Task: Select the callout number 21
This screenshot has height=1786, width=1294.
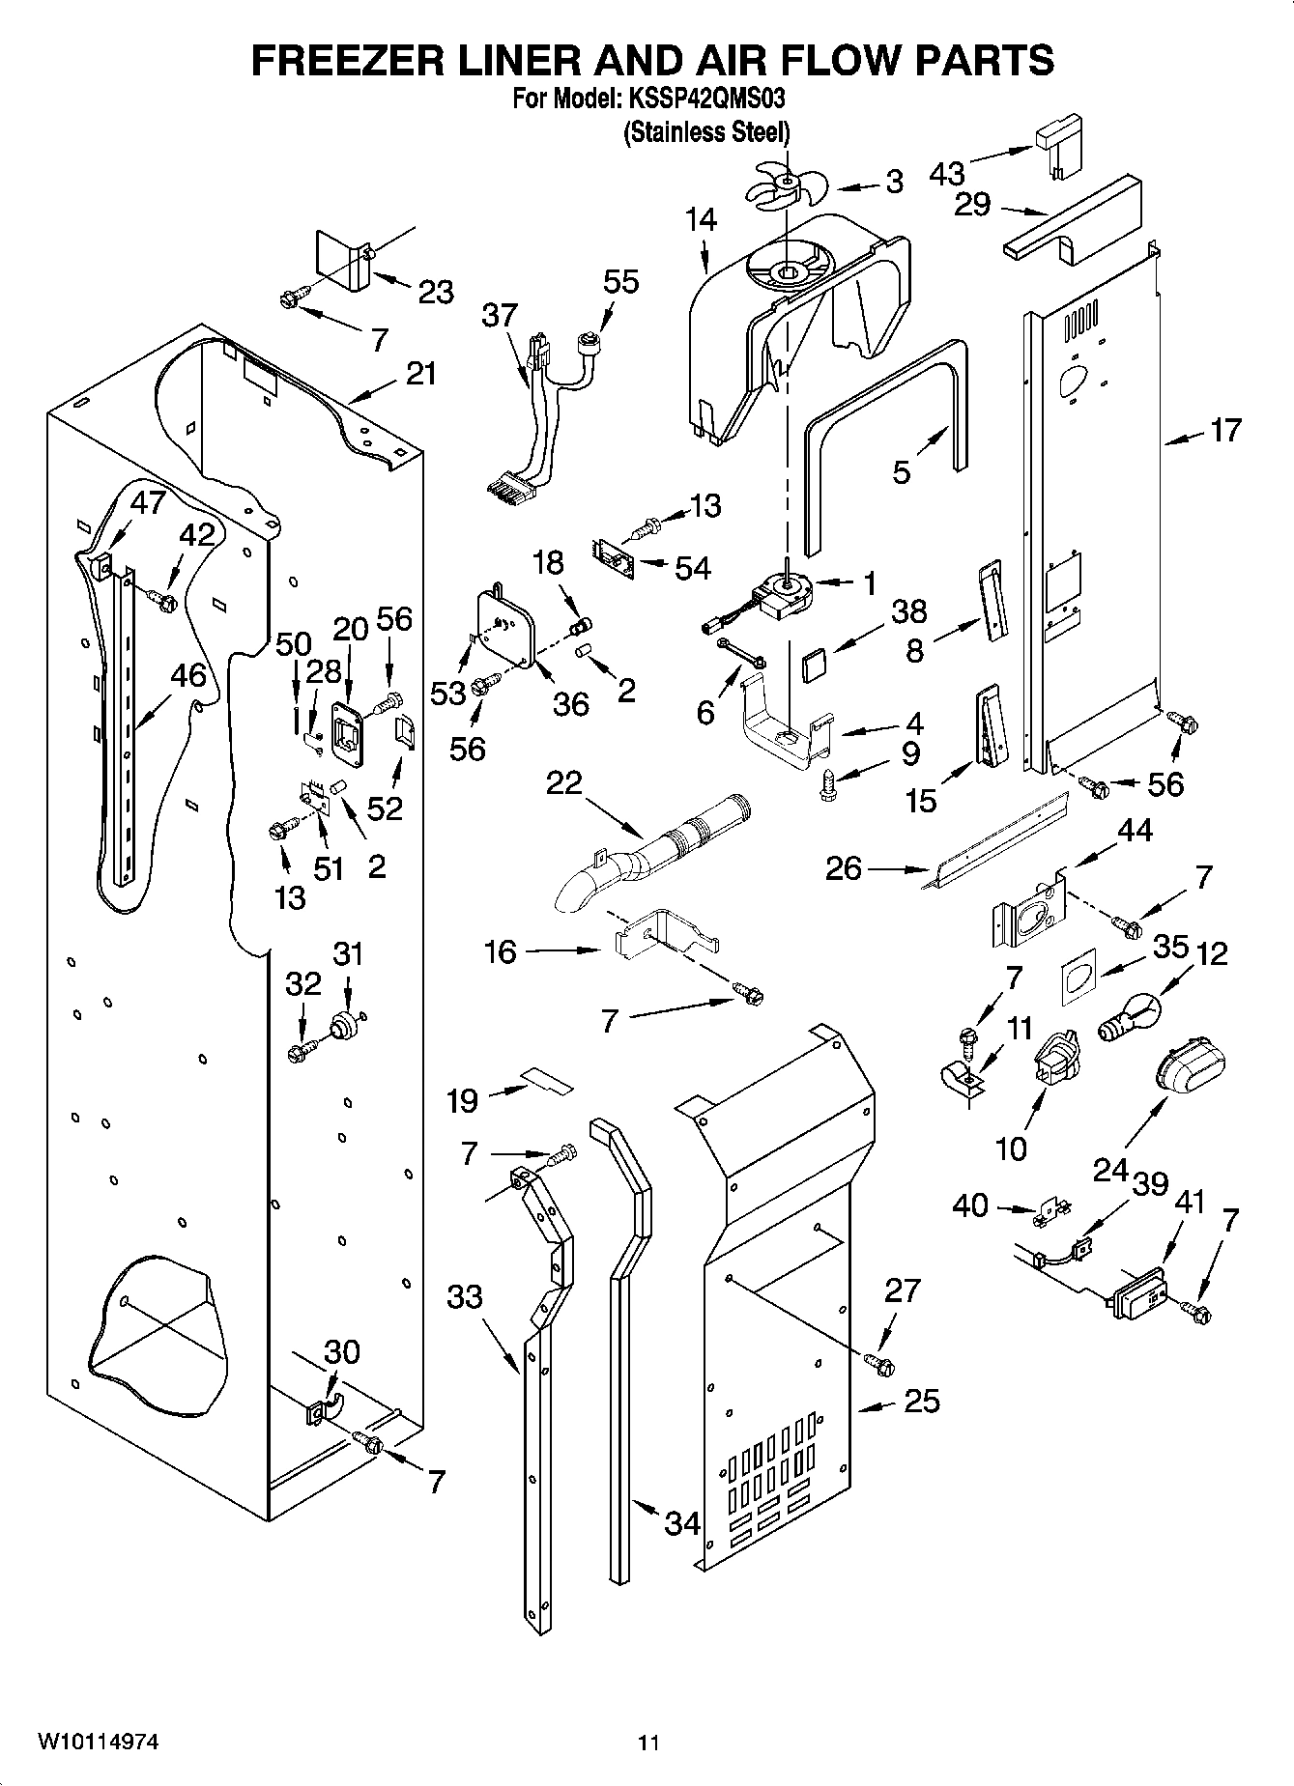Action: pos(420,374)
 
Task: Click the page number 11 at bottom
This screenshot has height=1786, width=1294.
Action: pos(647,1743)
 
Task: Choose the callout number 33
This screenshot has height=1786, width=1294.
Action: pos(464,1296)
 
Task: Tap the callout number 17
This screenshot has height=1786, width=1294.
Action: pos(1224,430)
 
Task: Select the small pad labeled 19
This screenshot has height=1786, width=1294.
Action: pos(546,1080)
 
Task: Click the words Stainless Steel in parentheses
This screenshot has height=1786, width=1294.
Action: pos(706,131)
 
